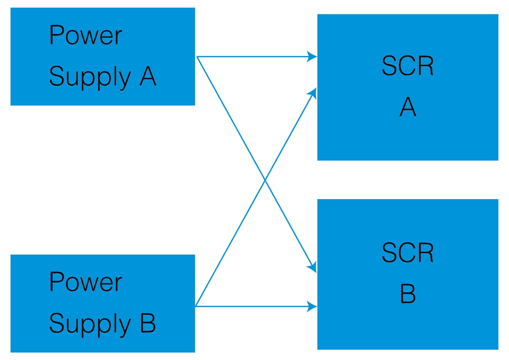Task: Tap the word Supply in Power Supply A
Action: tap(90, 77)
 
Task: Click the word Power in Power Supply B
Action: tap(85, 281)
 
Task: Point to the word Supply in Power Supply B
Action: tap(90, 324)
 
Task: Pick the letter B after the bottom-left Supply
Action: tap(148, 323)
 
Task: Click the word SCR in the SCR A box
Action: tap(407, 67)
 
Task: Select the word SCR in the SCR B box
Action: tap(407, 253)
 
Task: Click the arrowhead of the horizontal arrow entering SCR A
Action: tap(312, 56)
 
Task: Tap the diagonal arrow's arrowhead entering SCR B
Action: tap(313, 268)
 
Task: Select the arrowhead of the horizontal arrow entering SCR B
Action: tap(312, 306)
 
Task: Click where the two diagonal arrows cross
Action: tap(266, 182)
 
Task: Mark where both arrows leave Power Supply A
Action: tap(197, 56)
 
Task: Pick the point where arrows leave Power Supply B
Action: tap(196, 306)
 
